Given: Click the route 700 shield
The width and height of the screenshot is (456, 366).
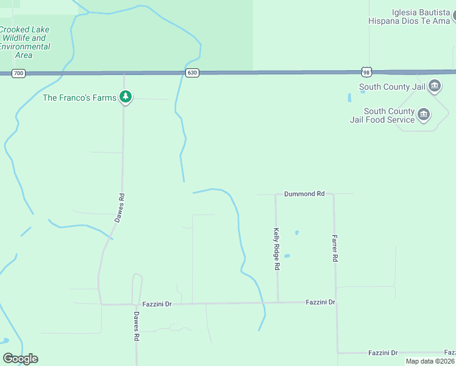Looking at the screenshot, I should (18, 73).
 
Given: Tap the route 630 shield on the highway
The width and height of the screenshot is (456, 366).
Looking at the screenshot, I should (192, 73).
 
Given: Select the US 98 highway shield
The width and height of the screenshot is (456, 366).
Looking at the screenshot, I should (365, 72).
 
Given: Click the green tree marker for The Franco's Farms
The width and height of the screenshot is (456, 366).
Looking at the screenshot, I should (126, 97).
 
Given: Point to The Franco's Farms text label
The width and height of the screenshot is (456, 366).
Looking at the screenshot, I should (79, 98).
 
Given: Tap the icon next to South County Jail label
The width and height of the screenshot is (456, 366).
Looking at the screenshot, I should (435, 86).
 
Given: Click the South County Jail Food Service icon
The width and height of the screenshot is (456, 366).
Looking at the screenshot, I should (424, 114).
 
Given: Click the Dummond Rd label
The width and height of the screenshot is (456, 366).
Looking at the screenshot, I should (304, 194).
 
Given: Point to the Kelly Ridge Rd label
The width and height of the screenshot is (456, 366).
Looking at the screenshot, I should (277, 249).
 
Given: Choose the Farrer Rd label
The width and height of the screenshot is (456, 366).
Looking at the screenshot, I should (335, 249).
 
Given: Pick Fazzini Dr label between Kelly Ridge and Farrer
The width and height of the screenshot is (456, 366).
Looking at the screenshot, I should (321, 302).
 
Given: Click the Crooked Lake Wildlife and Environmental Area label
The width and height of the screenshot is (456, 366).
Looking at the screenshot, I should (24, 42).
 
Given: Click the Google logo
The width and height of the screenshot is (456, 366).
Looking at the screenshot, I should (20, 359).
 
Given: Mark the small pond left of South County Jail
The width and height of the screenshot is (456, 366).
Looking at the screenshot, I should (350, 97).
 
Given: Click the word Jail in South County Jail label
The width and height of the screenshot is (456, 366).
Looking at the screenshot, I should (418, 87).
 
